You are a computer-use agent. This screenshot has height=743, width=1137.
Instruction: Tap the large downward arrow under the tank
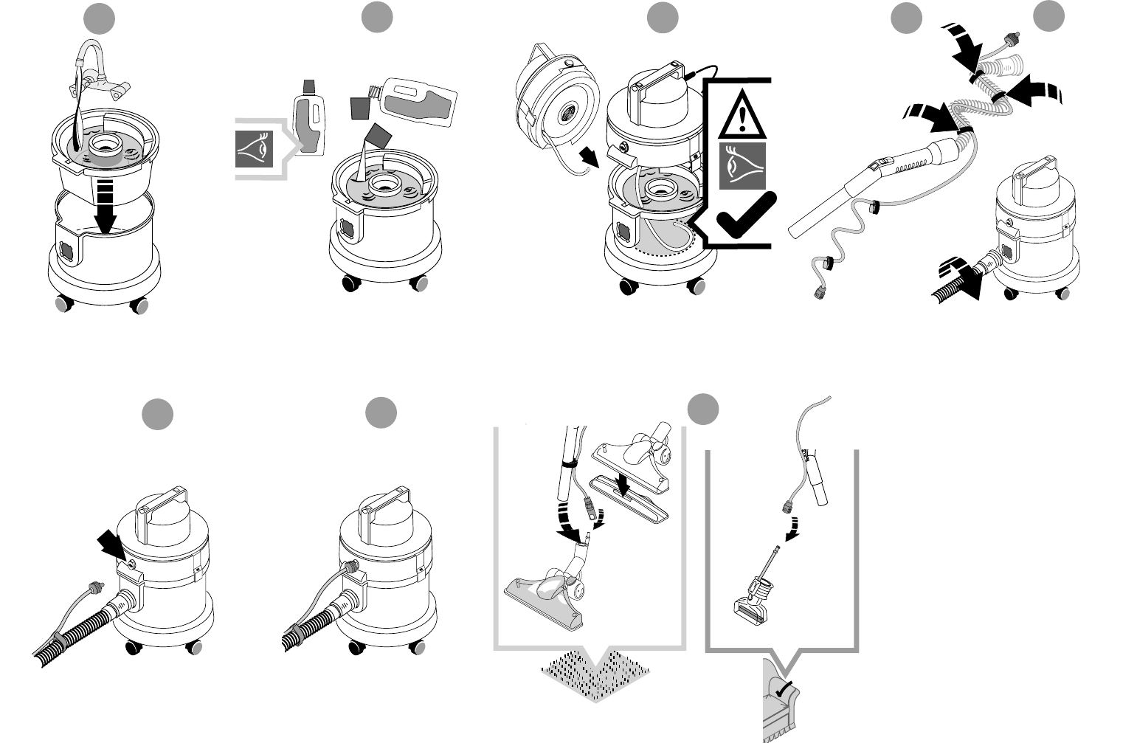(x=108, y=207)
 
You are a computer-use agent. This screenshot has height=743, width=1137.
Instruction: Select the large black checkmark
(x=745, y=216)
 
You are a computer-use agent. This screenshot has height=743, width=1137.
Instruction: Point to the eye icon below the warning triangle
(x=742, y=166)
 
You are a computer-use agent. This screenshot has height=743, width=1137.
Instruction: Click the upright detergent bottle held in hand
(x=307, y=118)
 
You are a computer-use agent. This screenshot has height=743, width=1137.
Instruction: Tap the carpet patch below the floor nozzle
(x=595, y=674)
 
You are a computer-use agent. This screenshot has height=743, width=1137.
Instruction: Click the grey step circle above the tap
(x=99, y=18)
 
